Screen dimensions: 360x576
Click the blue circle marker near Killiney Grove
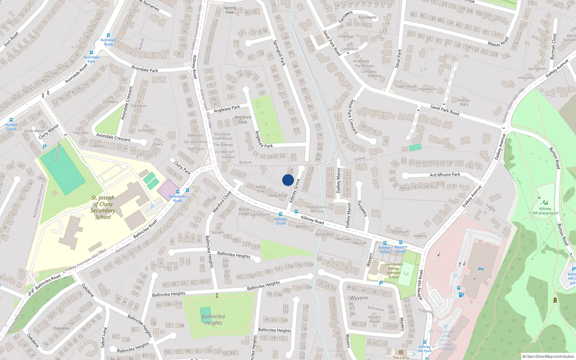[288, 180]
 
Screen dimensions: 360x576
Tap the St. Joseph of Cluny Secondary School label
[103, 207]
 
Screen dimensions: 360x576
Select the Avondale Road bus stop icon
[108, 35]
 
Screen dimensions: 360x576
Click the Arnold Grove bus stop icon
[11, 120]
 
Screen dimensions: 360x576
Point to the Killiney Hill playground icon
[545, 203]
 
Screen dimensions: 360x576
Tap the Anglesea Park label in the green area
[243, 120]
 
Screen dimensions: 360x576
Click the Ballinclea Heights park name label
[213, 319]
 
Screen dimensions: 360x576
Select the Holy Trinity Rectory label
[317, 209]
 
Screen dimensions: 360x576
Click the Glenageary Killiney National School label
[393, 270]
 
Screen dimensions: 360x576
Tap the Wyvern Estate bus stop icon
[400, 242]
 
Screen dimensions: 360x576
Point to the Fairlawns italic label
[367, 17]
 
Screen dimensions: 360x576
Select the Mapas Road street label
[498, 42]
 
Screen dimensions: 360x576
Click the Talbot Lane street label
[104, 337]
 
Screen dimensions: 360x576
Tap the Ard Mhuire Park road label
[445, 175]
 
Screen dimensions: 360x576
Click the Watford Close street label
[222, 202]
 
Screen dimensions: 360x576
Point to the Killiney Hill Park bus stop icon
[425, 342]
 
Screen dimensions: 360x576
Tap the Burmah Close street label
[553, 46]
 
